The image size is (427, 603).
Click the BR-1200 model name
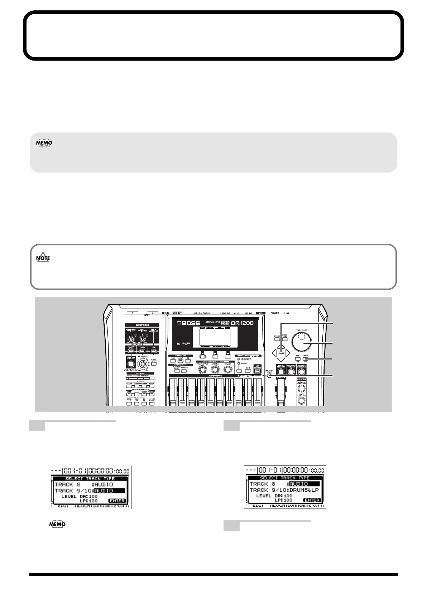[243, 323]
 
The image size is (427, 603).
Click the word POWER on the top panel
[275, 313]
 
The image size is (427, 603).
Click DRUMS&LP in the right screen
[304, 490]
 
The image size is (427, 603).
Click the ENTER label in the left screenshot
[117, 501]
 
